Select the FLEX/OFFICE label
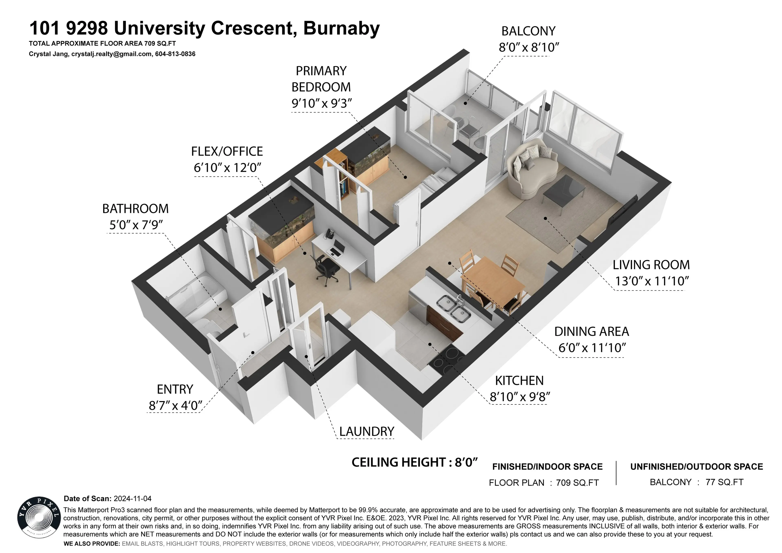[x=227, y=151]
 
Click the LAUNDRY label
[x=367, y=431]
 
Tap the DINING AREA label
[x=591, y=332]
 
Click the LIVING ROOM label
[x=651, y=265]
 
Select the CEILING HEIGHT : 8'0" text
[x=414, y=462]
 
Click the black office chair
[x=326, y=267]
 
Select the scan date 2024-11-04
[x=133, y=498]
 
